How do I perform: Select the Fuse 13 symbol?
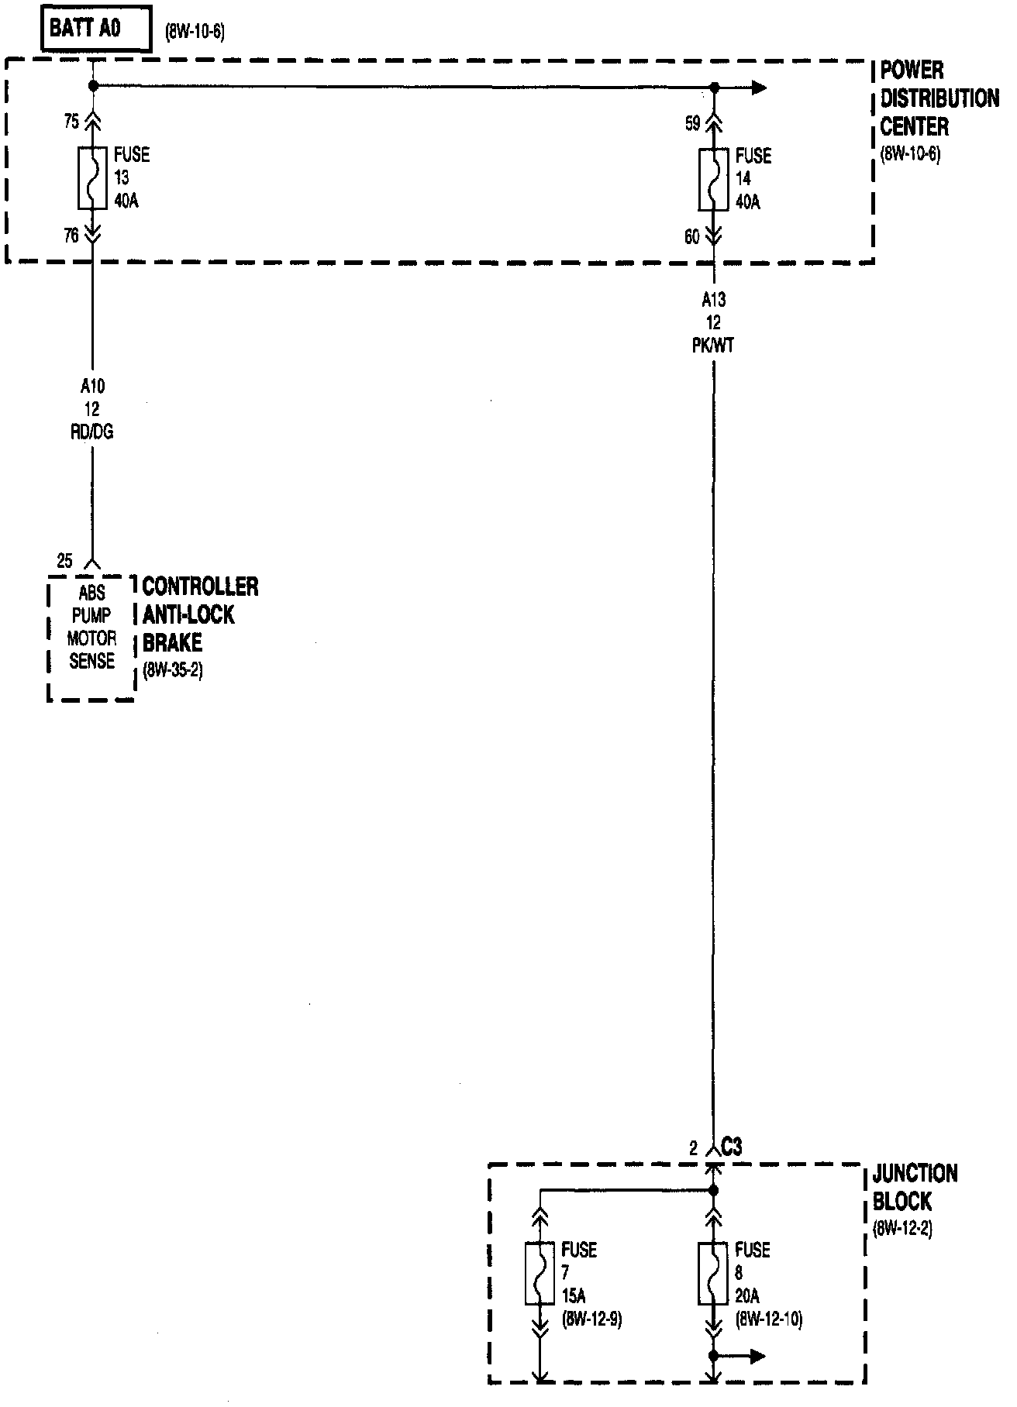(x=92, y=177)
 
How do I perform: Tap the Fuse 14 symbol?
(x=713, y=179)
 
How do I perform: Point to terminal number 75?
(x=71, y=122)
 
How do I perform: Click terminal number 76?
(x=71, y=235)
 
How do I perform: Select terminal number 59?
(x=692, y=123)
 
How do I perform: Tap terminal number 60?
(x=692, y=237)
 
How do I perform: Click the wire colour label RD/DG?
(x=92, y=432)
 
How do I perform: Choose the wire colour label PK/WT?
(x=713, y=346)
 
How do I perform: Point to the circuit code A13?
(x=713, y=300)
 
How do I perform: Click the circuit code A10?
(x=92, y=386)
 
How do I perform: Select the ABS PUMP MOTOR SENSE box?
(x=91, y=638)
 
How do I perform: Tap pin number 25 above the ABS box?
(x=65, y=560)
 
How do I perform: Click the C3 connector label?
(x=731, y=1147)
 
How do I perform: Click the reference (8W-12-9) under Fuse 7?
(x=591, y=1319)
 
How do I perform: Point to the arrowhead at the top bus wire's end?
(x=759, y=88)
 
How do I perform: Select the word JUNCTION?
(x=915, y=1174)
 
